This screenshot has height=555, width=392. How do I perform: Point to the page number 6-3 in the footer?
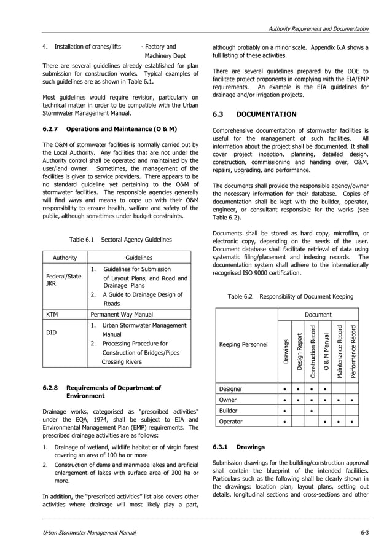364,532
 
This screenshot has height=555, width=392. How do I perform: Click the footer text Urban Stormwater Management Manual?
89,532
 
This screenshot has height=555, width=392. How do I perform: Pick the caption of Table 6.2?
290,297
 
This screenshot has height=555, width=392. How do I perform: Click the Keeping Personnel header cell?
244,344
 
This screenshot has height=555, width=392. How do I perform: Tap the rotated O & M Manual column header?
326,353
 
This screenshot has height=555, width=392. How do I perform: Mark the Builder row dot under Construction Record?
312,411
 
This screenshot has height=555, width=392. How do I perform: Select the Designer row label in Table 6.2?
231,389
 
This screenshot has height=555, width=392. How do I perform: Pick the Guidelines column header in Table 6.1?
139,258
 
